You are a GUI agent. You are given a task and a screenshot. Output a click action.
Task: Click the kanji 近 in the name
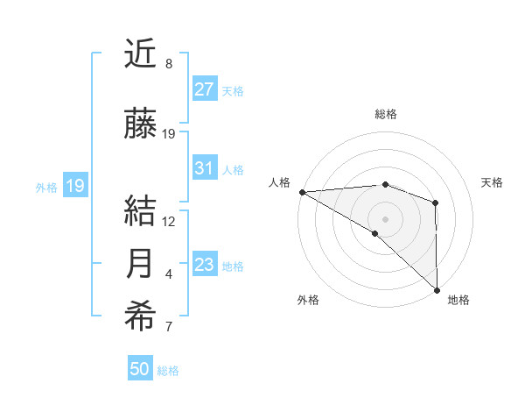coord(141,54)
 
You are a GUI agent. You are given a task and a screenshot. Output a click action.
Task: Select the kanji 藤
coord(141,124)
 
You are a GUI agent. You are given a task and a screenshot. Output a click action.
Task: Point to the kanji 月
coord(141,264)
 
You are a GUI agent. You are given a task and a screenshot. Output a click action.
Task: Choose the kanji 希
coord(141,317)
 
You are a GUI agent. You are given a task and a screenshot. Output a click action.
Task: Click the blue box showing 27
coord(204,89)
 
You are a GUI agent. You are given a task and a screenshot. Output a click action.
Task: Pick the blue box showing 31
coord(204,168)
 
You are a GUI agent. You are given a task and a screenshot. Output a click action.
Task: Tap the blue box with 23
coord(204,265)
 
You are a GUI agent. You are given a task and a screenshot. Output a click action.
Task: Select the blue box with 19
coord(74,186)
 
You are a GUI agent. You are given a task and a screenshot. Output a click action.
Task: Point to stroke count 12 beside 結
coord(170,221)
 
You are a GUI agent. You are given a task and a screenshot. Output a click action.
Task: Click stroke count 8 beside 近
coord(168,64)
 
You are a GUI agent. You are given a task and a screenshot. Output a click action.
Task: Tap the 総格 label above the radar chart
coord(385,114)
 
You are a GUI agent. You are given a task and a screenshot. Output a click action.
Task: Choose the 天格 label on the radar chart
coord(493,182)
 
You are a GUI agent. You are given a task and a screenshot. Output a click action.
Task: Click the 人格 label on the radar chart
coord(279,182)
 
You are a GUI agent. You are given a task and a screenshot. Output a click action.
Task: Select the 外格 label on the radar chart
coord(308,300)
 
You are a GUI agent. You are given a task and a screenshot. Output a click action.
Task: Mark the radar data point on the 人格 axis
coord(302,192)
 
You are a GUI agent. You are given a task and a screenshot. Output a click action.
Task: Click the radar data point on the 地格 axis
coord(437,288)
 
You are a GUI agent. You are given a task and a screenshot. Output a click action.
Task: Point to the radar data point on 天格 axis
coord(436,203)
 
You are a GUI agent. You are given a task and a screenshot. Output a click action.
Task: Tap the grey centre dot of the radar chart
coord(385,218)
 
